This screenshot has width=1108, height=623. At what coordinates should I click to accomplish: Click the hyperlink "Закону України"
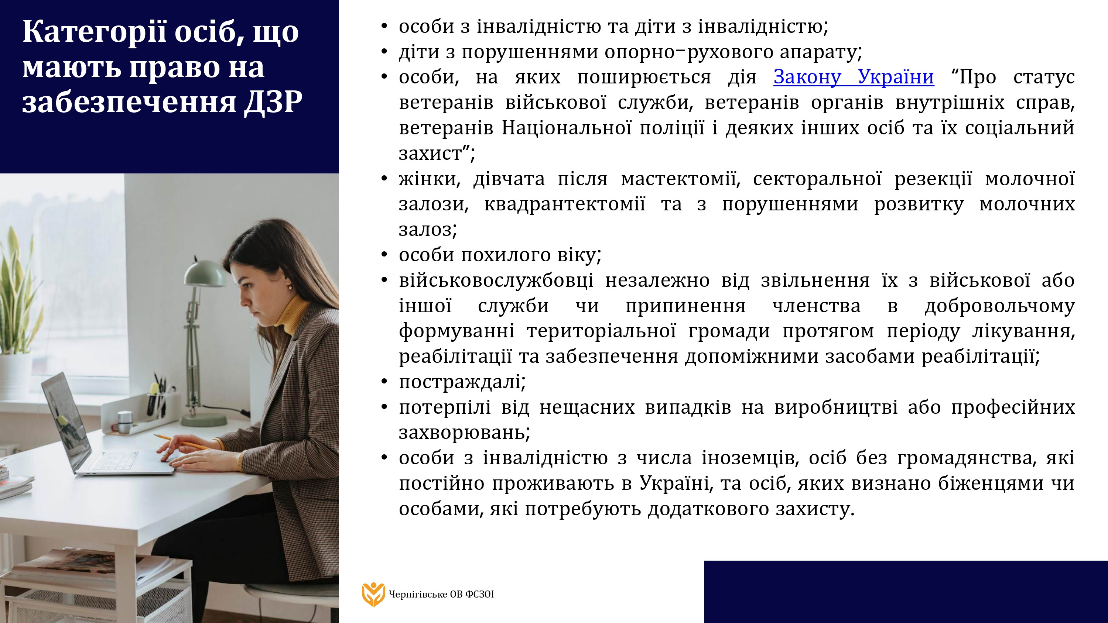(x=854, y=78)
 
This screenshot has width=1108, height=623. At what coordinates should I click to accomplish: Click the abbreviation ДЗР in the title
(x=274, y=102)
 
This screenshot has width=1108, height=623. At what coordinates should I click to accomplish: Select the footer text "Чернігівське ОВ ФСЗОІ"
(x=441, y=594)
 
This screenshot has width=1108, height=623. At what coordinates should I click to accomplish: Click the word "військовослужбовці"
(x=496, y=280)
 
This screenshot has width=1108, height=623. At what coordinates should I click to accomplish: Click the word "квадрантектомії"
(x=565, y=204)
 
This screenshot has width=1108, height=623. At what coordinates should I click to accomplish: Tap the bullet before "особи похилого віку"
(x=384, y=255)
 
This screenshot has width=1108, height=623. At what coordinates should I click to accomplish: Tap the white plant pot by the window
(x=15, y=376)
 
